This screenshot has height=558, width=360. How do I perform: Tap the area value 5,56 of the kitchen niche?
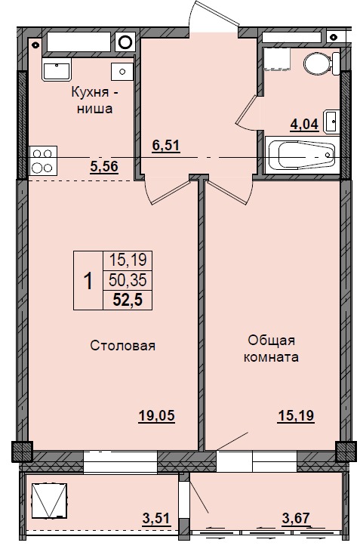coord(104,168)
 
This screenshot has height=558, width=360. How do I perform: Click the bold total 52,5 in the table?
coord(127,301)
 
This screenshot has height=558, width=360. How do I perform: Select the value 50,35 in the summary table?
coord(127,280)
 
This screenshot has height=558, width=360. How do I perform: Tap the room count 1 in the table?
coord(88,281)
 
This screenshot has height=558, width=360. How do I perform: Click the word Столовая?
coord(123,346)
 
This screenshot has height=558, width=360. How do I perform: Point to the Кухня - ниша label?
coord(94,100)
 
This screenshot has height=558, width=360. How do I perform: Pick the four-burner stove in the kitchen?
coord(41,161)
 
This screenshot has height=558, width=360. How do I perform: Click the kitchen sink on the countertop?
coord(56,70)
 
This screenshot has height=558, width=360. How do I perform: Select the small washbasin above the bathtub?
coord(331,120)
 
